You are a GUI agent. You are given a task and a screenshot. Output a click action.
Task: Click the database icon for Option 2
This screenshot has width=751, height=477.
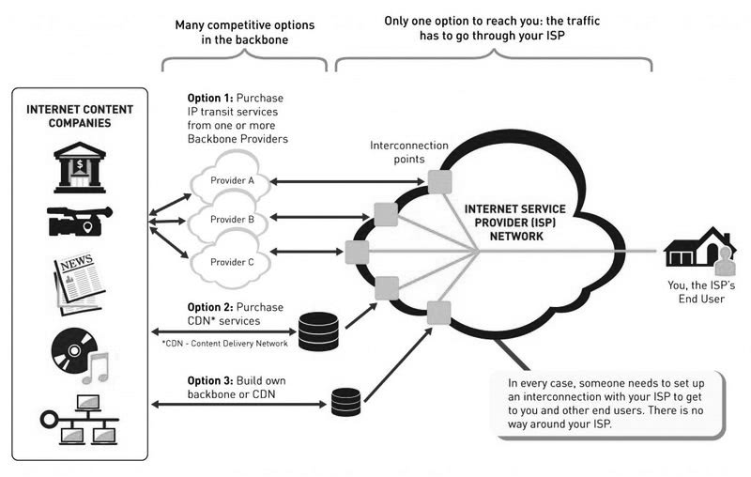pos(317,330)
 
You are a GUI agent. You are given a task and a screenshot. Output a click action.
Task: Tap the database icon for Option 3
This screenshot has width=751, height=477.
pos(345,401)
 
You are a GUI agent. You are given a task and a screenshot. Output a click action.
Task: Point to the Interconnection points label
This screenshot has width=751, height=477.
pos(408,152)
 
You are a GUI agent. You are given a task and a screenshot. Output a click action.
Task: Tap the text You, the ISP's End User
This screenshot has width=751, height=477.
pos(699,293)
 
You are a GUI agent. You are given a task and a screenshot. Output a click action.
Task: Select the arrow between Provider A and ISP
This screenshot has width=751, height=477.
pos(347,180)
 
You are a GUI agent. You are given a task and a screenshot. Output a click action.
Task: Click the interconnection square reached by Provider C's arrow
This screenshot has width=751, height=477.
pos(356,252)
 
